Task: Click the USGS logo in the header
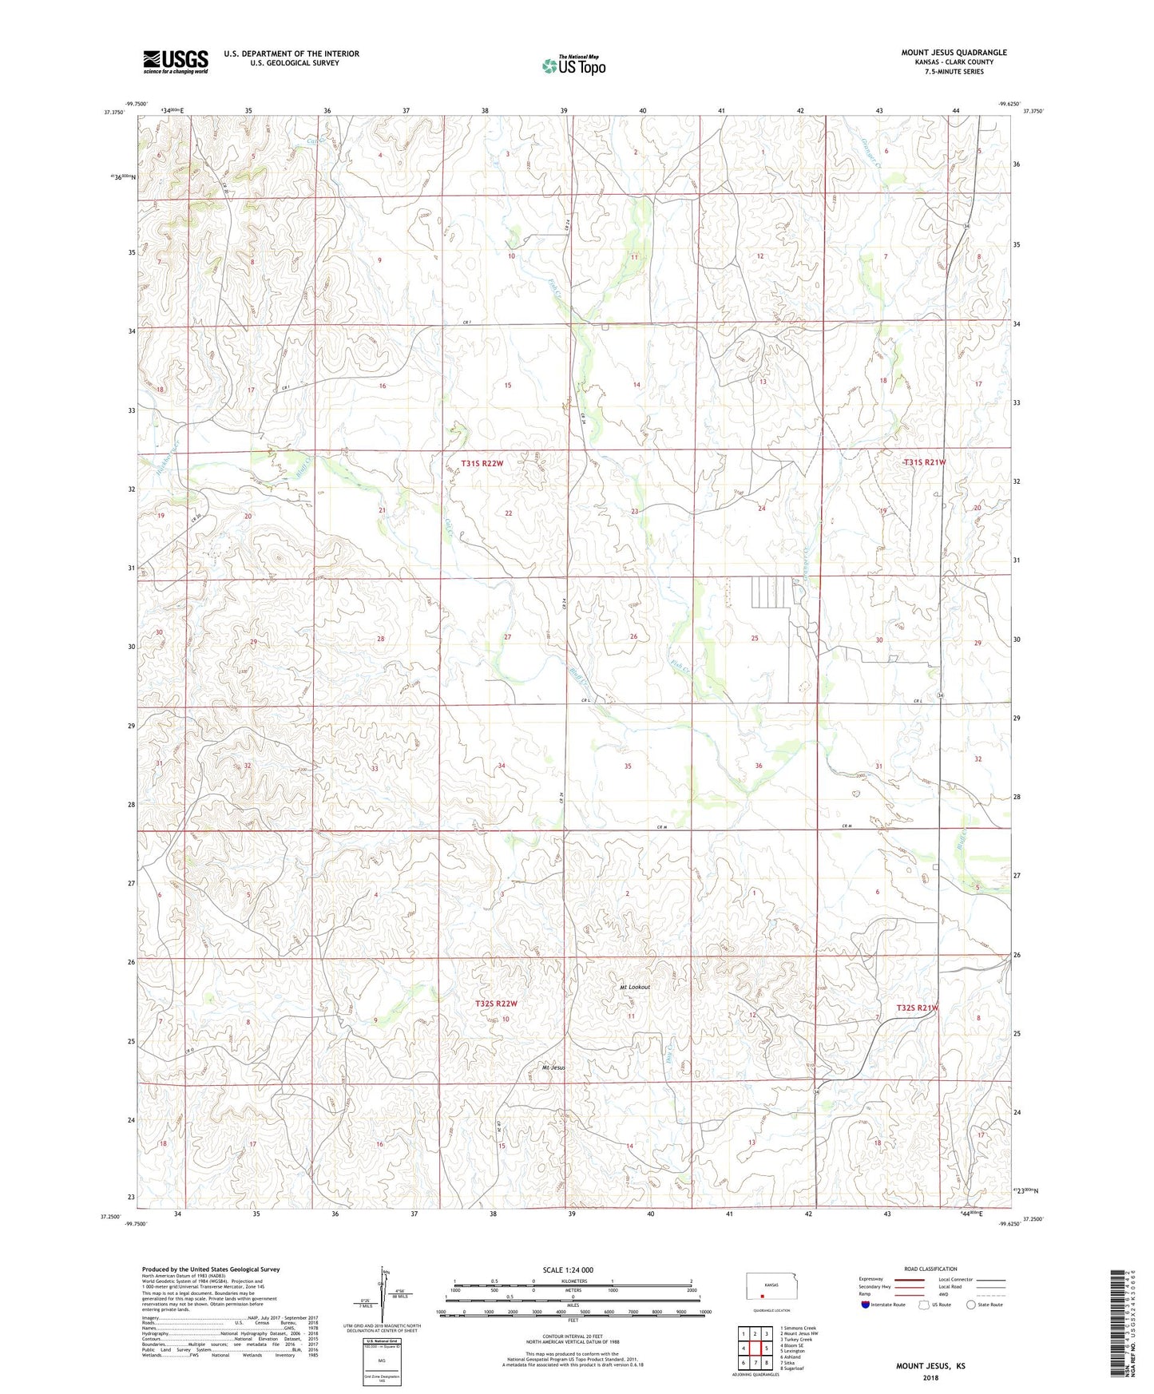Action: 176,61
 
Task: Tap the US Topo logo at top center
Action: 573,65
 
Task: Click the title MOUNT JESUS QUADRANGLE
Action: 954,53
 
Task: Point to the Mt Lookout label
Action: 635,988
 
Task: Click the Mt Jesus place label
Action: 553,1067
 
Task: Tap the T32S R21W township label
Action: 917,1008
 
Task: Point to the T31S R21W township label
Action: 924,462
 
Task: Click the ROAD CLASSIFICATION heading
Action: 931,1269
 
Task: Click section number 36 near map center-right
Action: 759,766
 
